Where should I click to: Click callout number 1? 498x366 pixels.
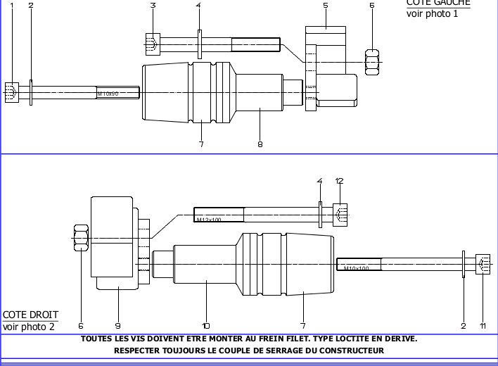pyautogui.click(x=11, y=6)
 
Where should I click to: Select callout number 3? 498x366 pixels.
pyautogui.click(x=153, y=6)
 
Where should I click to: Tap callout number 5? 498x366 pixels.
pyautogui.click(x=326, y=6)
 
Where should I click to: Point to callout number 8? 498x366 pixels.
pyautogui.click(x=260, y=144)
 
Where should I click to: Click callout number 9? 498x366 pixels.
pyautogui.click(x=118, y=325)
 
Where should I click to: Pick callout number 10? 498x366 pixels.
pyautogui.click(x=206, y=325)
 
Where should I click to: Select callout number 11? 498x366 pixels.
pyautogui.click(x=483, y=325)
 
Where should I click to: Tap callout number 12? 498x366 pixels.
pyautogui.click(x=340, y=181)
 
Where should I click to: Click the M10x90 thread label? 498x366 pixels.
pyautogui.click(x=108, y=93)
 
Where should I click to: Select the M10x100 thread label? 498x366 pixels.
pyautogui.click(x=356, y=268)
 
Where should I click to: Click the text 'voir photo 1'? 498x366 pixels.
pyautogui.click(x=432, y=13)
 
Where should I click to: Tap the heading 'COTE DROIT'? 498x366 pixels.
pyautogui.click(x=30, y=315)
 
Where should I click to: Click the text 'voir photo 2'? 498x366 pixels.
pyautogui.click(x=28, y=327)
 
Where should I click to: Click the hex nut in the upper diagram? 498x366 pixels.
pyautogui.click(x=373, y=61)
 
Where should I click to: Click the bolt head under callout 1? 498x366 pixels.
pyautogui.click(x=11, y=92)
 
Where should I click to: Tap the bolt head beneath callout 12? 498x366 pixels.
pyautogui.click(x=340, y=215)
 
